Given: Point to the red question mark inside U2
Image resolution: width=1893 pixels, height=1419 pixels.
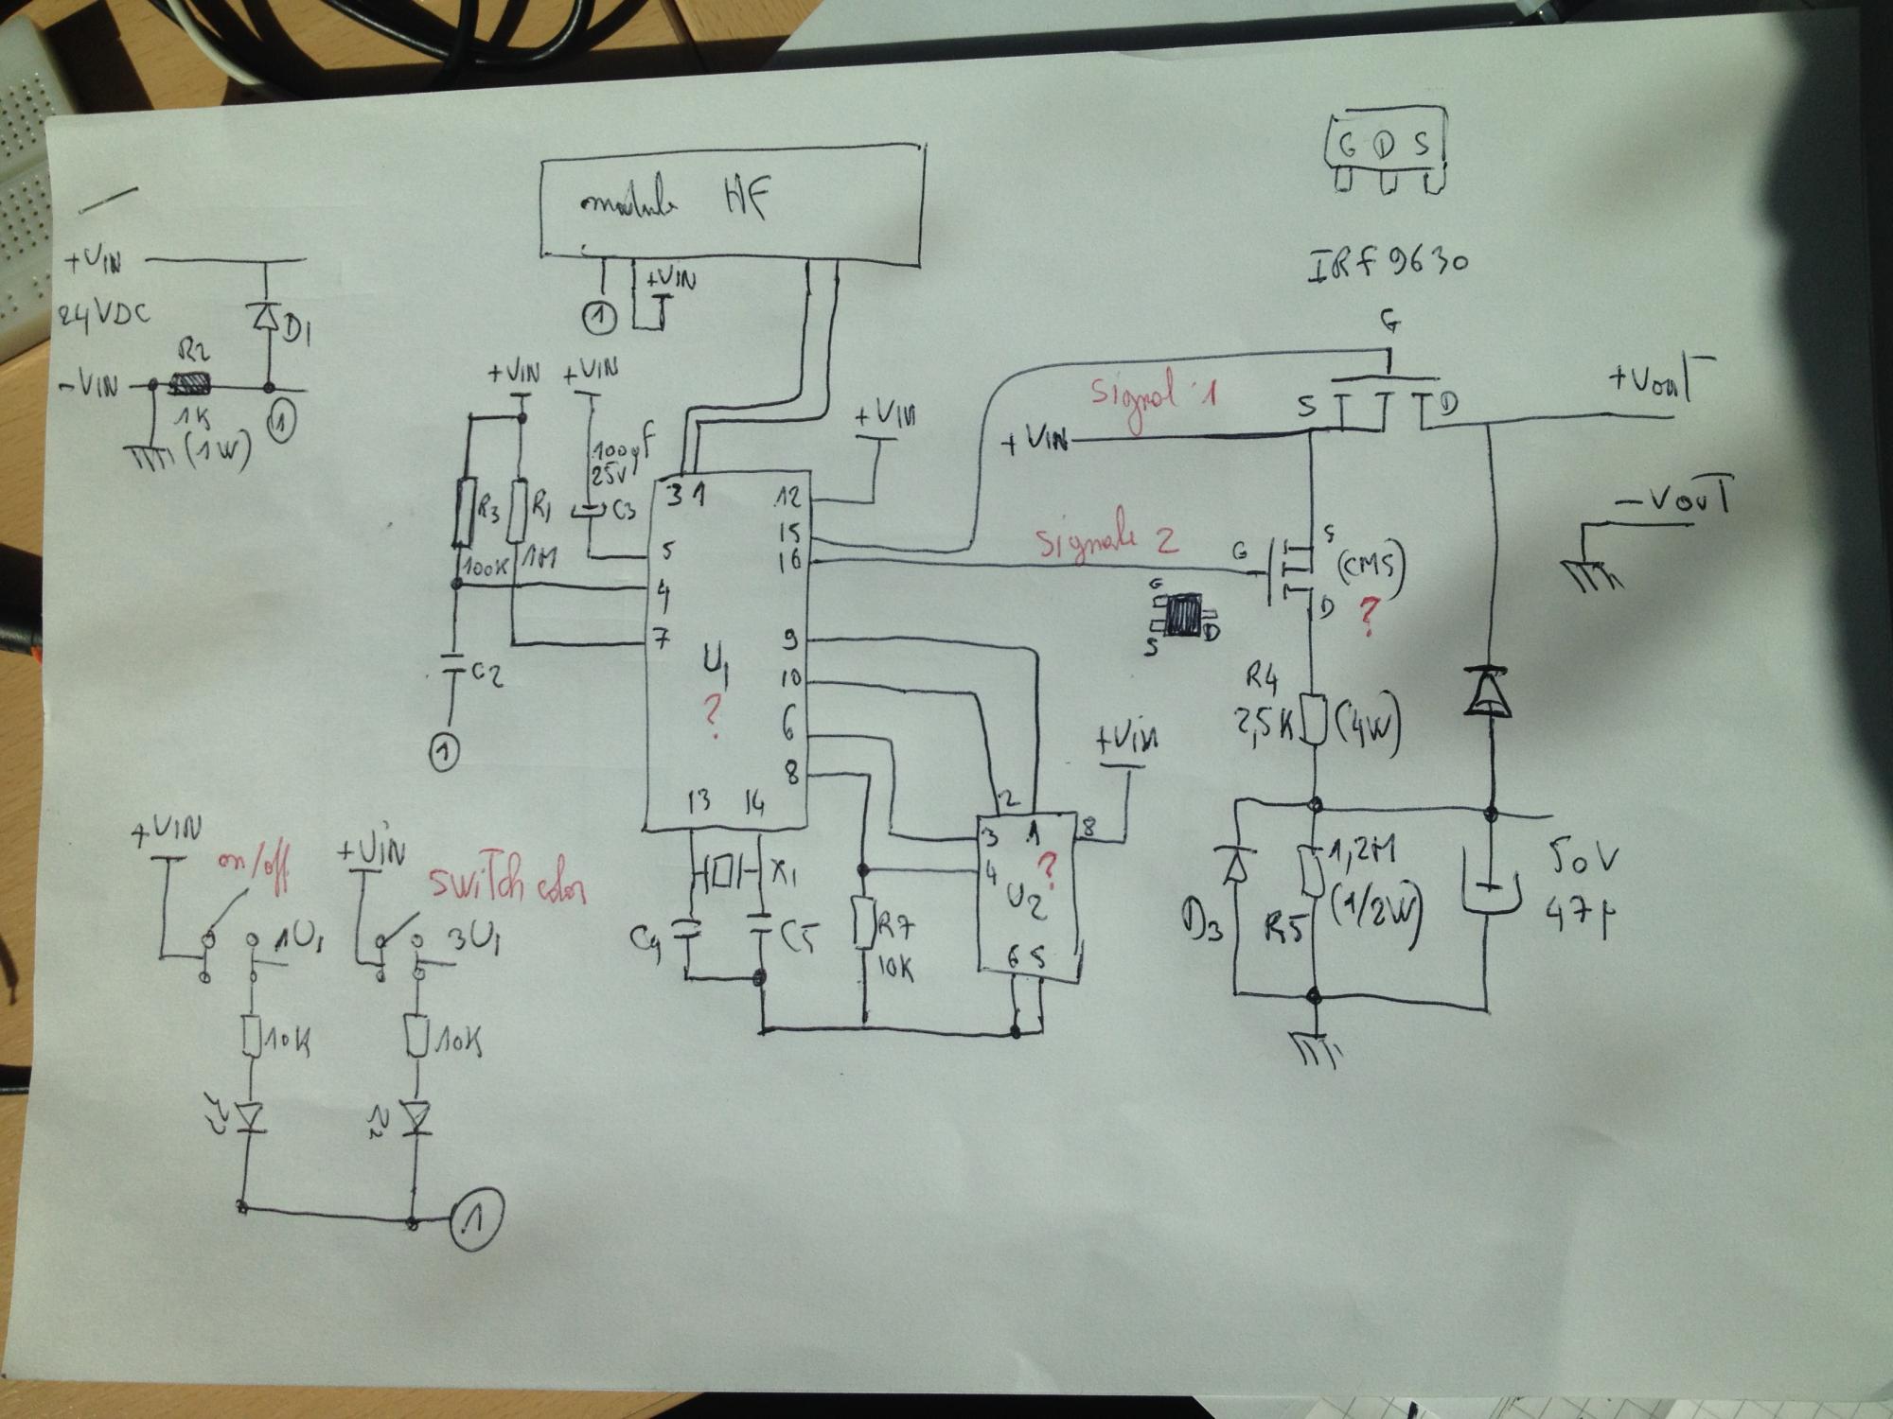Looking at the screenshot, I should click(1047, 865).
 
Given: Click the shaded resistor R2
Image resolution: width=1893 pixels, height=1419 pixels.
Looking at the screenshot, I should click(190, 385).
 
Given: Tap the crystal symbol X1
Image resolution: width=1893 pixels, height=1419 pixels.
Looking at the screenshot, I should click(726, 871).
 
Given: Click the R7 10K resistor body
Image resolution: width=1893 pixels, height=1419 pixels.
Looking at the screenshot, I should click(863, 922).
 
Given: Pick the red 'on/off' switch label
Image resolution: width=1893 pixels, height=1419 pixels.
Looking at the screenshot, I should click(253, 866).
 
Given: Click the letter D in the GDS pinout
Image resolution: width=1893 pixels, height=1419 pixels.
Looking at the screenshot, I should click(1384, 145).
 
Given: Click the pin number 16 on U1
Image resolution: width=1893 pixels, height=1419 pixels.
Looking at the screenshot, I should click(788, 560).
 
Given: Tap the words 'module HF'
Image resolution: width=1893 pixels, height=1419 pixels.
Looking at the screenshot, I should click(675, 201).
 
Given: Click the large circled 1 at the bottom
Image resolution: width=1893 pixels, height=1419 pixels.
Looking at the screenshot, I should click(477, 1219).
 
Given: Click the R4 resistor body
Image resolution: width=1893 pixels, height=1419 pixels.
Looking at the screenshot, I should click(1314, 719).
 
